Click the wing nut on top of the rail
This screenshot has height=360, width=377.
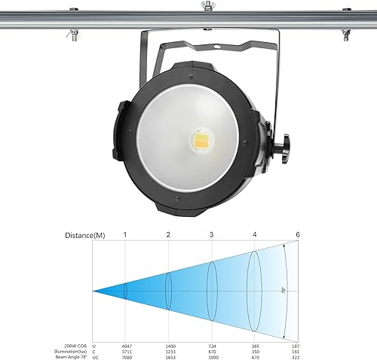pyautogui.click(x=205, y=6)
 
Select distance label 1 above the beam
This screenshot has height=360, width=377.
pyautogui.click(x=125, y=235)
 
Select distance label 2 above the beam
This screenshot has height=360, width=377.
pyautogui.click(x=168, y=235)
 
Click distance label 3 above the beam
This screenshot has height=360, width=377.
pyautogui.click(x=211, y=235)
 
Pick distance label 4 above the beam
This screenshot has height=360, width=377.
pyautogui.click(x=255, y=235)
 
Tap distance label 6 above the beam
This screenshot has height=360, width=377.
pyautogui.click(x=298, y=235)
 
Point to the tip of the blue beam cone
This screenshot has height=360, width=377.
pyautogui.click(x=93, y=290)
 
